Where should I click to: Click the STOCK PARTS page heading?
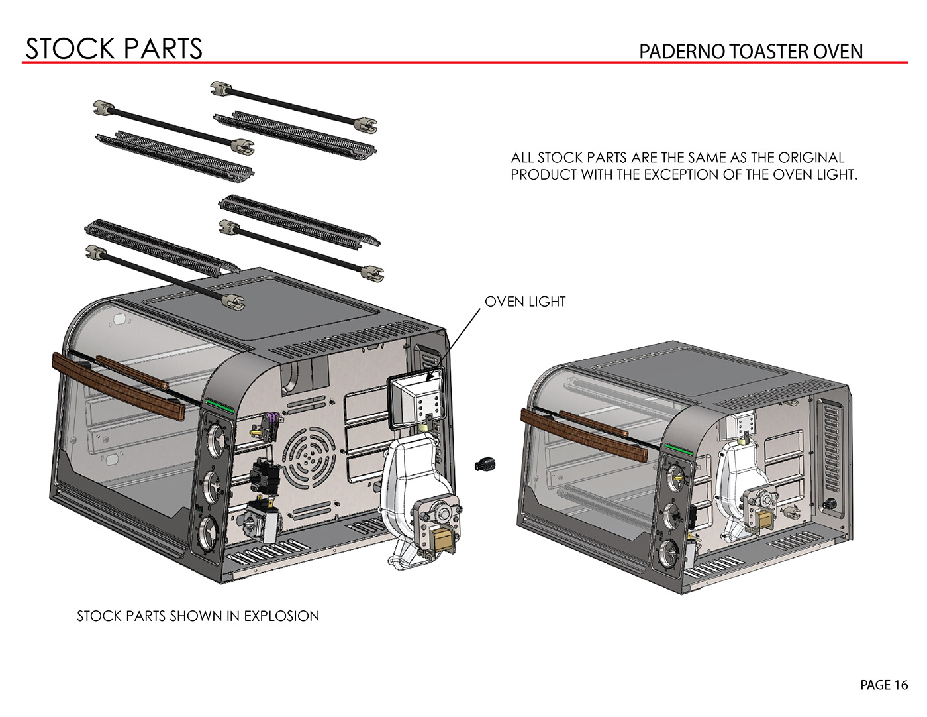point(113,48)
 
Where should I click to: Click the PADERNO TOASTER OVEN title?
point(750,52)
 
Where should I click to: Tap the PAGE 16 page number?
point(884,685)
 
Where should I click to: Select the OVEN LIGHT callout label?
point(525,302)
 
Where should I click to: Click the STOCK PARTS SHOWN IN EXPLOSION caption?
point(198,616)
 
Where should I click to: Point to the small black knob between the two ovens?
point(485,464)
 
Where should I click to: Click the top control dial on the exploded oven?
point(215,438)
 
